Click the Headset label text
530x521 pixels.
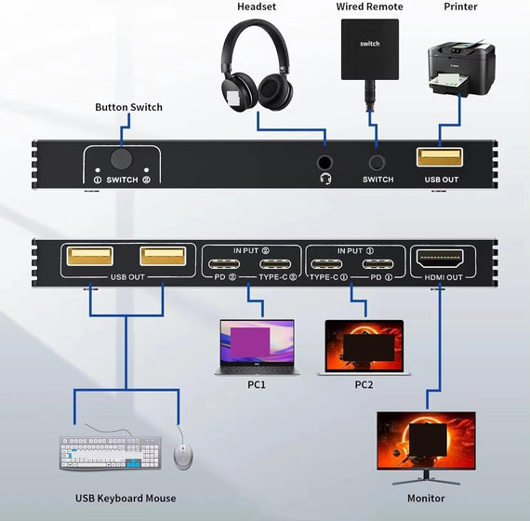pos(256,7)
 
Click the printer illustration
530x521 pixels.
pos(461,66)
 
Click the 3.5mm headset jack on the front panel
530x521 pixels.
pos(325,159)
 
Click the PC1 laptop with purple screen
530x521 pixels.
pos(255,346)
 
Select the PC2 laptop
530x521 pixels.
pos(364,347)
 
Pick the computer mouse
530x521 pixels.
pos(183,455)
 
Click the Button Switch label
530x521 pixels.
pos(128,107)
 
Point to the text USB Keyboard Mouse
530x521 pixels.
pos(126,499)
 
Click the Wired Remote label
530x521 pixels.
pos(370,7)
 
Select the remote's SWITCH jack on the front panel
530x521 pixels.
pos(377,159)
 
